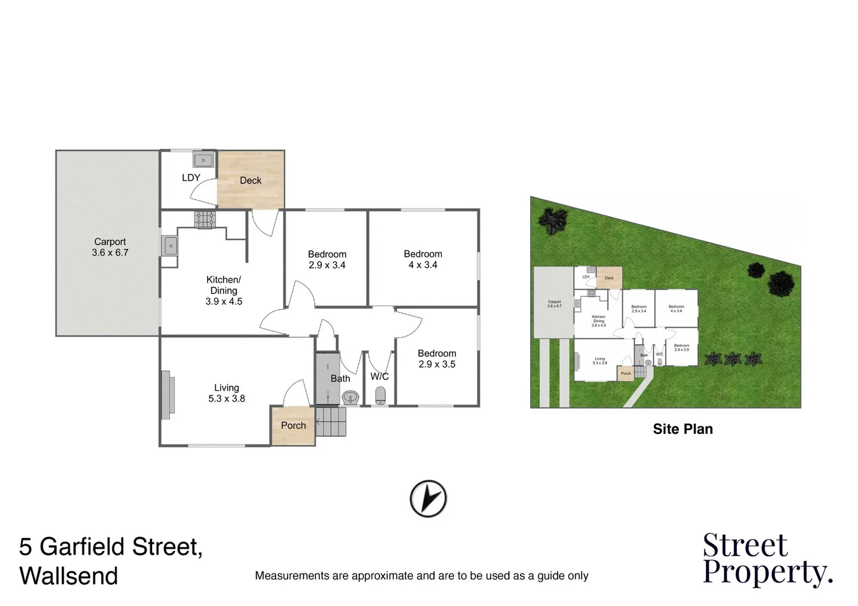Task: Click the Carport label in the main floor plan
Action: (x=110, y=247)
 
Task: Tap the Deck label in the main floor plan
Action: (x=250, y=180)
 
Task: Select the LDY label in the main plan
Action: (x=191, y=177)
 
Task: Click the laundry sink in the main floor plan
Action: (x=203, y=160)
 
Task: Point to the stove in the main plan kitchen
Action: (x=205, y=219)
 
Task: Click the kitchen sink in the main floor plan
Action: (x=170, y=245)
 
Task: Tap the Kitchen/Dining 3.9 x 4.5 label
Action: (x=223, y=290)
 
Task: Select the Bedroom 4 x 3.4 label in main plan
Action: (x=423, y=259)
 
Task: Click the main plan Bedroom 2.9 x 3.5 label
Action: (x=437, y=359)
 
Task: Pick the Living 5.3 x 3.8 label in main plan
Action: (x=226, y=393)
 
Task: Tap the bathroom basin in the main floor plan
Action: (x=350, y=397)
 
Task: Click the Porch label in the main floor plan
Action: (x=293, y=425)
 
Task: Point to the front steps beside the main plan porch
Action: (x=331, y=422)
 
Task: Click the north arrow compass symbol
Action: (x=428, y=498)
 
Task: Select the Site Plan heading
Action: (x=682, y=429)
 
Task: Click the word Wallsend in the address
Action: (x=69, y=576)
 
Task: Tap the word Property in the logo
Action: (x=767, y=572)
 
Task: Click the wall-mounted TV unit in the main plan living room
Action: (x=166, y=395)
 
